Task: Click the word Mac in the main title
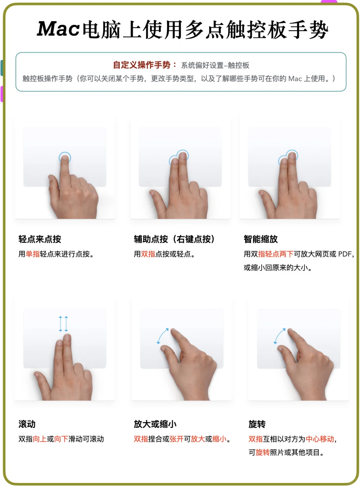coord(58,29)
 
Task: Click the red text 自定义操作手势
coord(141,65)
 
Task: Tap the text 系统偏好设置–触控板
coord(215,65)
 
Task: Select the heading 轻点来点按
coord(40,239)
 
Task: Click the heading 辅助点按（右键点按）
coord(174,239)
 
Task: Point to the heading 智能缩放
coord(260,239)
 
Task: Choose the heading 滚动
coord(27,424)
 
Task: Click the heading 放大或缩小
coord(155,424)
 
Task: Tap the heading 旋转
coord(257,424)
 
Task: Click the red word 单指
coord(33,254)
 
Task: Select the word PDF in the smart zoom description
coord(345,254)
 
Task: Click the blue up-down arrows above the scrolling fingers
coord(63,324)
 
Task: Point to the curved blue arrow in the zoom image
coord(163,336)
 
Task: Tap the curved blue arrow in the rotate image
coord(280,336)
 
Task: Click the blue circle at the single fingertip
coord(65,157)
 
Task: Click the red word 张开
coord(176,439)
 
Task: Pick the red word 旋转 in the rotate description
coord(262,452)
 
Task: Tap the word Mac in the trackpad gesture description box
coord(295,79)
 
